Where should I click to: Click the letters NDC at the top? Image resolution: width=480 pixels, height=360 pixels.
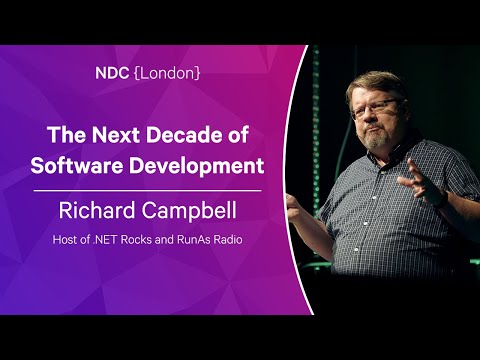(112, 73)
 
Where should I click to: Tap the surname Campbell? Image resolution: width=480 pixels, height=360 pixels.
(185, 211)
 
